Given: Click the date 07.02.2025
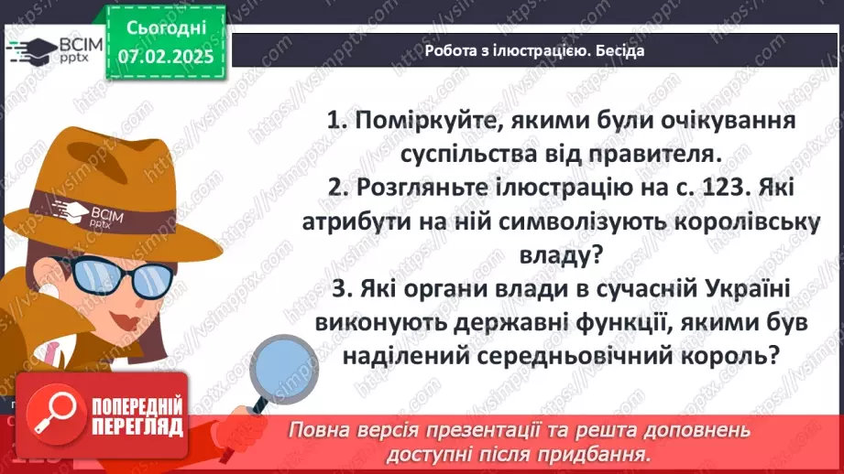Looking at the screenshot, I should pos(166,56).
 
